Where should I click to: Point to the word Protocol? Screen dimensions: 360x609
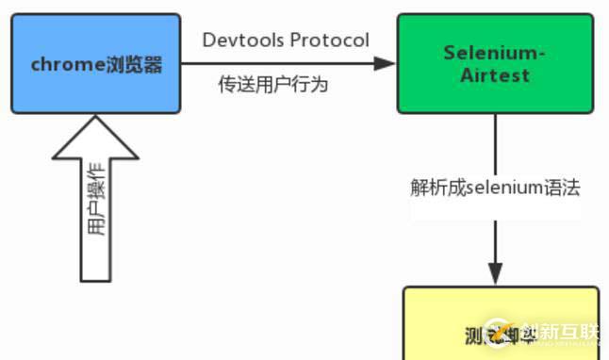[329, 40]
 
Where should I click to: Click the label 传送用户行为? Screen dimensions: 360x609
[272, 86]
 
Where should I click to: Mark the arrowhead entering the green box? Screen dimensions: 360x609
[386, 63]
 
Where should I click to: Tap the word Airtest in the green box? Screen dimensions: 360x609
[495, 75]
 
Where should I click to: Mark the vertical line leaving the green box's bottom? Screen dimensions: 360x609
[495, 141]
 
